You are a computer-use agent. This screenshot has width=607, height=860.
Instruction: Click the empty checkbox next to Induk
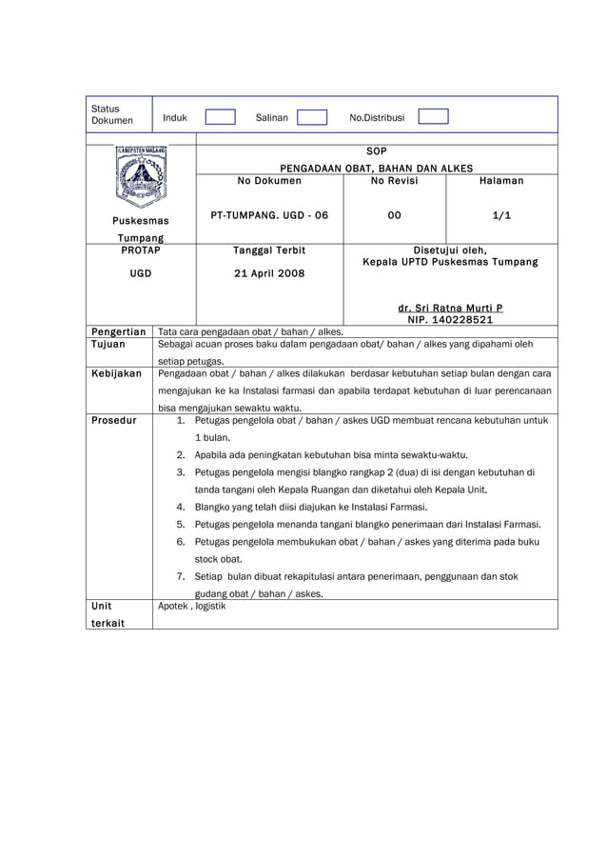(x=220, y=117)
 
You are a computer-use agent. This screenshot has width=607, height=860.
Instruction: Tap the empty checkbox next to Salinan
(x=311, y=117)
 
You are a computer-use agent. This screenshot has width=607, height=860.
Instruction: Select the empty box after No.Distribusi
(x=433, y=117)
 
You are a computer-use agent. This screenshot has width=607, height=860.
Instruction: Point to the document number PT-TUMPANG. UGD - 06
(x=269, y=215)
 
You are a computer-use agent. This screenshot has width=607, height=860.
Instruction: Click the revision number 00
(x=394, y=215)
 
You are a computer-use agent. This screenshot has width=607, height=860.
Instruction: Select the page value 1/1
(x=501, y=215)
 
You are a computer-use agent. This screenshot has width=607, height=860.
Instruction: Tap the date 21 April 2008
(x=269, y=273)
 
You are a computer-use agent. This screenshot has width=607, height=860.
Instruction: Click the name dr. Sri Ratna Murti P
(x=450, y=308)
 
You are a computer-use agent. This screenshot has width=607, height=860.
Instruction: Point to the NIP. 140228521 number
(x=450, y=320)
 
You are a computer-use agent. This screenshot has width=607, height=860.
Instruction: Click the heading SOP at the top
(x=376, y=150)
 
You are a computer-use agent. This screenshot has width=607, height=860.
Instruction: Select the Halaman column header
(x=501, y=180)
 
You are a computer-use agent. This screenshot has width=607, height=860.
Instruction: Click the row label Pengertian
(x=118, y=330)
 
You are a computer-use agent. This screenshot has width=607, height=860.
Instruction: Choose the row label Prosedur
(x=113, y=419)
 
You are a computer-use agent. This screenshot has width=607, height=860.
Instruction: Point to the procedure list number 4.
(x=181, y=507)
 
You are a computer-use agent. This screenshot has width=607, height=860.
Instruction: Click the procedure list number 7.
(x=181, y=576)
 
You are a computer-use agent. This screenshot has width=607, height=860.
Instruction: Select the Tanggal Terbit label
(x=269, y=250)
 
